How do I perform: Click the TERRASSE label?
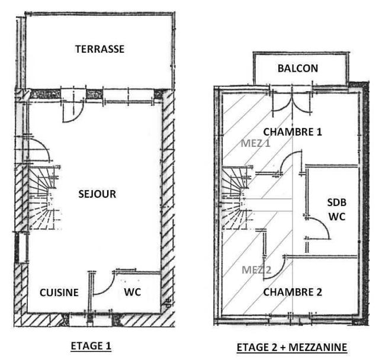point(100,49)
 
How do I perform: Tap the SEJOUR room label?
point(97,194)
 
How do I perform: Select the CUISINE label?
point(59,292)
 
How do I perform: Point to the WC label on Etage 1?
point(133,292)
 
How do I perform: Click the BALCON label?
point(298,68)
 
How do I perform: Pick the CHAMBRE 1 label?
point(293,132)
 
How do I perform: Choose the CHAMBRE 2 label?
point(293,292)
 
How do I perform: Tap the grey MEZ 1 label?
point(255,143)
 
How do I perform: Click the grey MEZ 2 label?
point(256,270)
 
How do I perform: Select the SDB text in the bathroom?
point(337,202)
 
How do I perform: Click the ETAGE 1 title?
point(91,346)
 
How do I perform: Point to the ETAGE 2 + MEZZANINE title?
point(292,348)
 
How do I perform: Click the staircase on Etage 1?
point(45,198)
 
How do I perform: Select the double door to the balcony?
point(292,101)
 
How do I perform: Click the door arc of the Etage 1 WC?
point(104,283)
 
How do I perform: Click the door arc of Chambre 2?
point(275,268)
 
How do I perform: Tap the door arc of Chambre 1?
point(291,162)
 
